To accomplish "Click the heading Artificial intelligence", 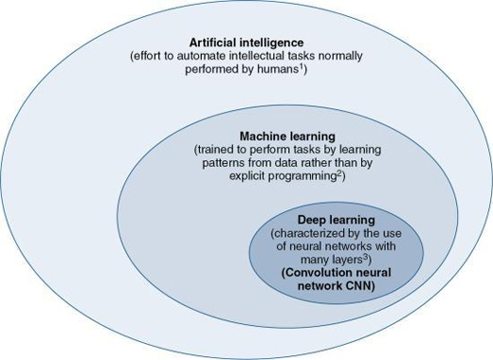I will (245, 43).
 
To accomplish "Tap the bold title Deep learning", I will (323, 220).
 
